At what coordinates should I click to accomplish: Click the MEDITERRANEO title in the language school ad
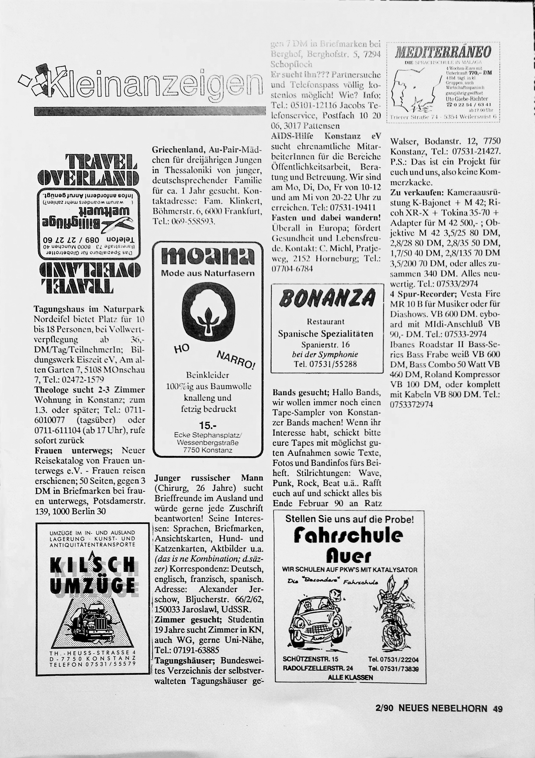(x=443, y=52)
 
